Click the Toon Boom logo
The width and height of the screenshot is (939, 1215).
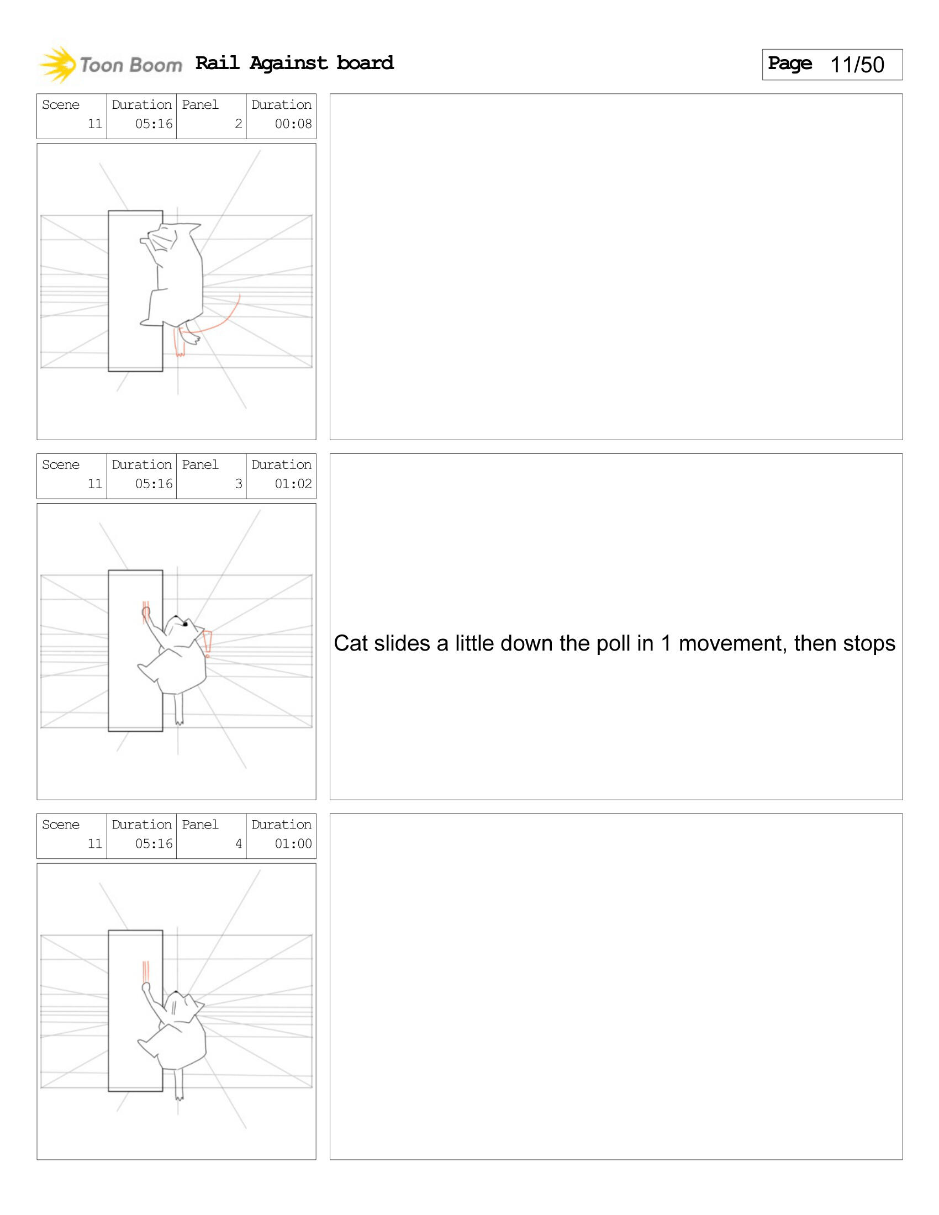coord(110,65)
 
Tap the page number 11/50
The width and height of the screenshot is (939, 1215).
coord(857,65)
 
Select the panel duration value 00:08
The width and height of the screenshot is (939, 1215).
coord(293,124)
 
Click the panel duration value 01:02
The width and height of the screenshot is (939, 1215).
coord(293,484)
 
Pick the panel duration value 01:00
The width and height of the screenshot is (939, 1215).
coord(293,844)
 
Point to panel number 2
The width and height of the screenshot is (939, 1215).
coord(238,124)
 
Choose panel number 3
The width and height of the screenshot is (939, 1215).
coord(238,484)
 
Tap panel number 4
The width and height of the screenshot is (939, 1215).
coord(238,844)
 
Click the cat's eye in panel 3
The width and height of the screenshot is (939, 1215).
coord(185,624)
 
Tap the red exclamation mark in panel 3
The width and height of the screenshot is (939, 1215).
coord(208,643)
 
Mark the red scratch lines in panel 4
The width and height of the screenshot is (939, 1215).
coord(146,972)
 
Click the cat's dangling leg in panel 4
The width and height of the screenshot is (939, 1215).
coord(178,1084)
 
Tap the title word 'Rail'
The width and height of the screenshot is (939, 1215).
coord(218,62)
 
